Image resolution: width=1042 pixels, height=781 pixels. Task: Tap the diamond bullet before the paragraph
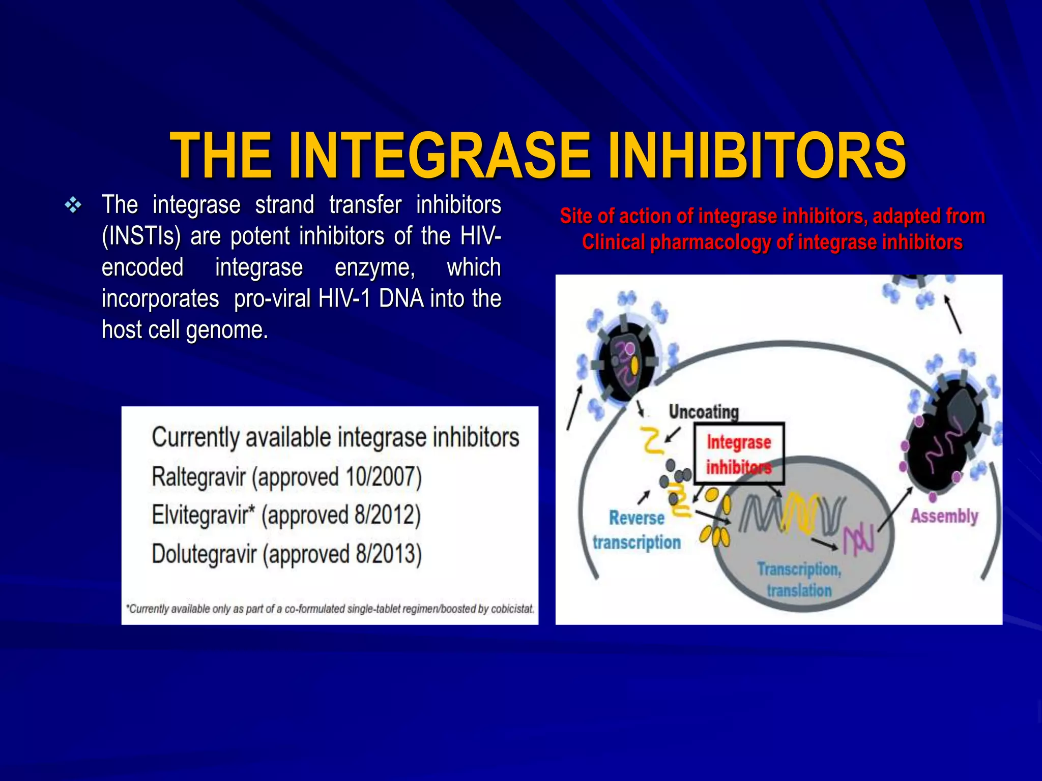73,205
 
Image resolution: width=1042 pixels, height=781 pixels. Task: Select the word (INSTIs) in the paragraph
141,236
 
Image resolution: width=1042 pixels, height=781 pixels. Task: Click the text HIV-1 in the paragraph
344,298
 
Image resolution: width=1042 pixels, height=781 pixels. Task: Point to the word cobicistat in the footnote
512,609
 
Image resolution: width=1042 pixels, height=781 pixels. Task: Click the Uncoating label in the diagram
703,411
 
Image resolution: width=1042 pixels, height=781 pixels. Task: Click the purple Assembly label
944,516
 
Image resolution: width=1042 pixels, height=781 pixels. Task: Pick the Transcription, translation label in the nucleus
799,580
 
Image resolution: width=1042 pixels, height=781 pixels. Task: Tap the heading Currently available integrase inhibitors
335,437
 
